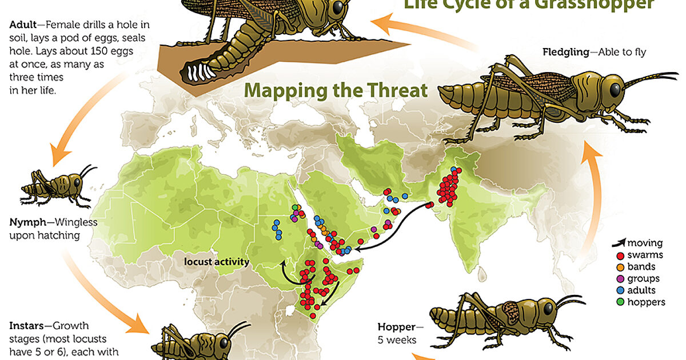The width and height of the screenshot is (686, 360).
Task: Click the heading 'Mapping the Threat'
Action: click(336, 90)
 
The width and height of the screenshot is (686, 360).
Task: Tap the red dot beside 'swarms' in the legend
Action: click(619, 255)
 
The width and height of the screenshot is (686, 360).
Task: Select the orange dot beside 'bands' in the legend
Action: click(619, 267)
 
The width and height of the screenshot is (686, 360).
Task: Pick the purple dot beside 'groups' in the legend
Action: click(619, 279)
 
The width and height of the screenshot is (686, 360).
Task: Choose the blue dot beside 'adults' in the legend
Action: click(619, 291)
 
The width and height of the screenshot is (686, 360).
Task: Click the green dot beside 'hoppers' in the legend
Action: click(619, 303)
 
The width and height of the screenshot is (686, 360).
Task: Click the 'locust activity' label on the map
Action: click(217, 262)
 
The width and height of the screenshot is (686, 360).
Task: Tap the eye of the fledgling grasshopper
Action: click(613, 89)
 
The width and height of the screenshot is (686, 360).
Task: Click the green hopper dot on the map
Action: click(296, 207)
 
